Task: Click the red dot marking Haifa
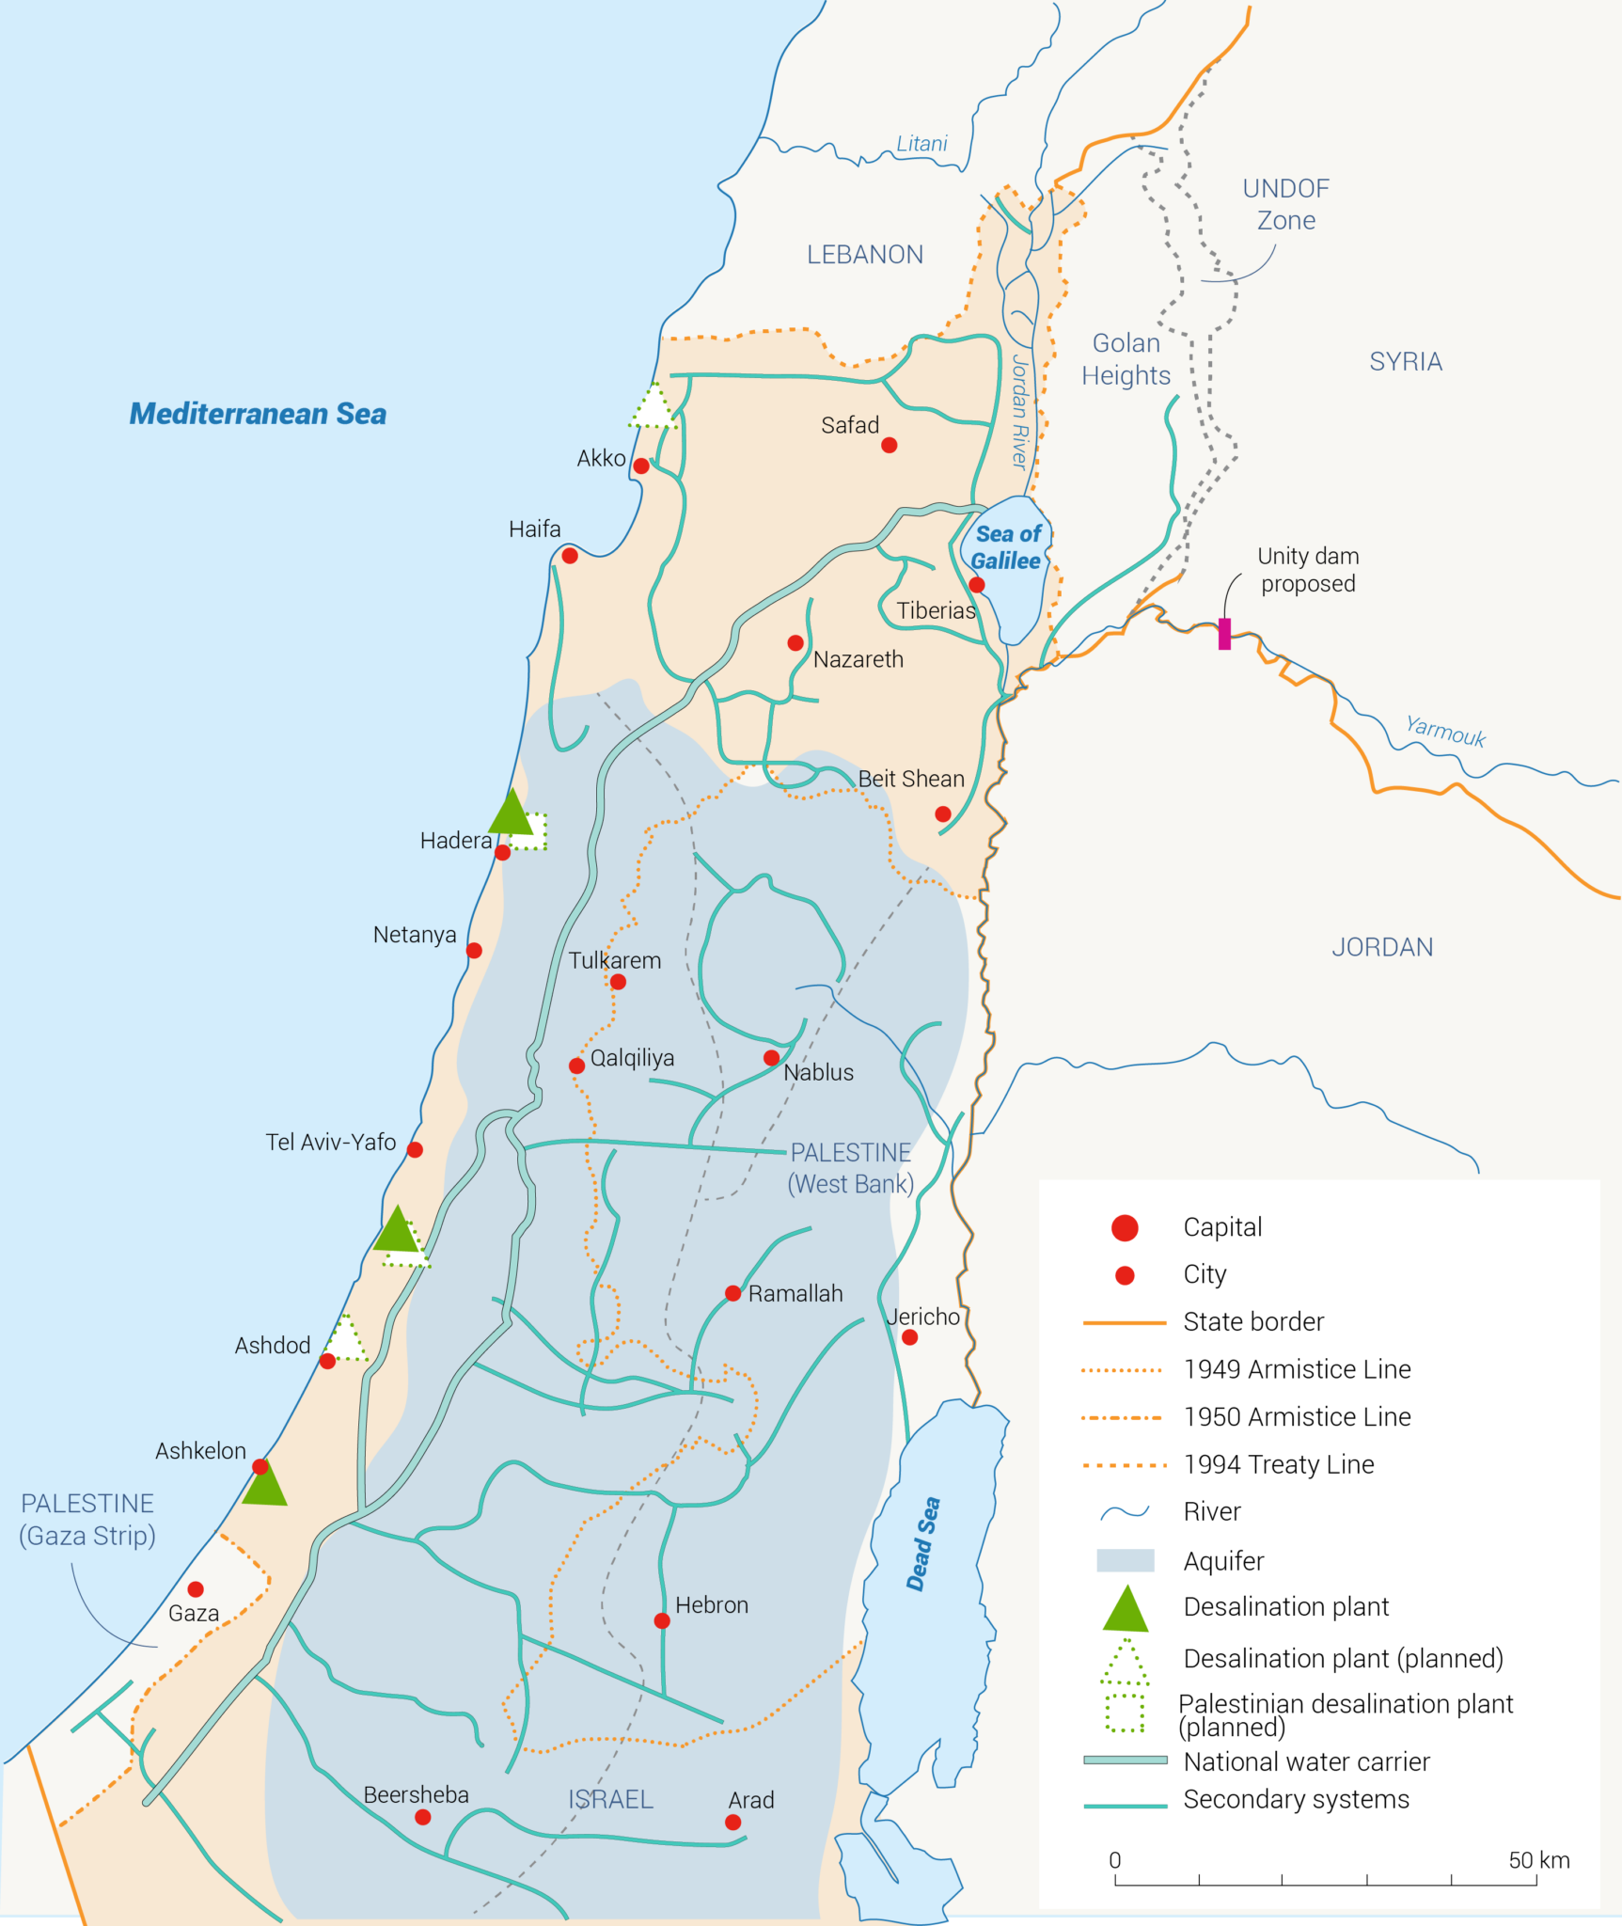click(x=570, y=556)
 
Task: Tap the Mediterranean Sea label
click(x=258, y=414)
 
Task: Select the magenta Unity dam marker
click(x=1224, y=634)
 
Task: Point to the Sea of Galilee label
click(x=1006, y=547)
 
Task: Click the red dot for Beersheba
click(x=423, y=1817)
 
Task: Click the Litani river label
click(x=921, y=144)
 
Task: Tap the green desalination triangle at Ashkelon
click(x=264, y=1487)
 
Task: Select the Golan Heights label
click(x=1126, y=359)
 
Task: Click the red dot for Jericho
click(x=909, y=1337)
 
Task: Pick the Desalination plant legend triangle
click(x=1126, y=1610)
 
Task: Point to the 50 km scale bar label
click(x=1538, y=1860)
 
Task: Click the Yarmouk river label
click(x=1445, y=731)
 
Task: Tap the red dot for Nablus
click(x=771, y=1058)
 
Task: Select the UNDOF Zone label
click(x=1285, y=204)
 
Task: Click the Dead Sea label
click(x=922, y=1544)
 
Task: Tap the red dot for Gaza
click(x=196, y=1589)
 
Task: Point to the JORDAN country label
click(x=1382, y=947)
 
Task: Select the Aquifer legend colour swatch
click(x=1125, y=1561)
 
